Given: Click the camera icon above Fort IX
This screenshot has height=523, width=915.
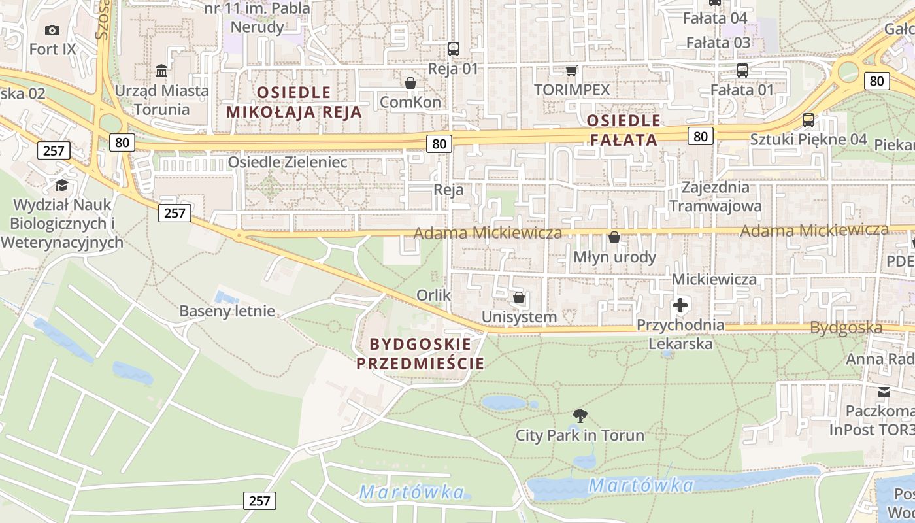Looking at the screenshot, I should point(52,30).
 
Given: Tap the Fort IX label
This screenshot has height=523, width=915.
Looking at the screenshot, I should point(52,49).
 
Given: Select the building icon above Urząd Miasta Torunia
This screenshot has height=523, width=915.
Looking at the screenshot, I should point(161,71).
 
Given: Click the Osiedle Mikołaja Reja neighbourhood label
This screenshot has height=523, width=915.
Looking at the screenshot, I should point(294,101).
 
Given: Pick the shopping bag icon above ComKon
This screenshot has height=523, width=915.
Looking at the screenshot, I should point(410,83).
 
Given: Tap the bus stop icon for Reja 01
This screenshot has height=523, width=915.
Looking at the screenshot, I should point(454,48).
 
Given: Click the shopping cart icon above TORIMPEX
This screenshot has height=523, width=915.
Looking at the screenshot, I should point(572,71).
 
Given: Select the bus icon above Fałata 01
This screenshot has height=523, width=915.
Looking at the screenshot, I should point(742,71).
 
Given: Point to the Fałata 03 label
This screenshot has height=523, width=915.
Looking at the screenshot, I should point(718,43).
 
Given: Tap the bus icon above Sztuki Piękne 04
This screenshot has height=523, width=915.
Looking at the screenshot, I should point(808,120).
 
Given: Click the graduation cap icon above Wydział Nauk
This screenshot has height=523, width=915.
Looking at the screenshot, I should point(61,186).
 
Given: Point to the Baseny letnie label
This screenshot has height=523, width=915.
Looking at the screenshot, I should point(227,311).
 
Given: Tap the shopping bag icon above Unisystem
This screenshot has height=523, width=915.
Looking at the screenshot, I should point(520,298).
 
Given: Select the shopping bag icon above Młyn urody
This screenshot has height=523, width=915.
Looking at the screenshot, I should point(614,237).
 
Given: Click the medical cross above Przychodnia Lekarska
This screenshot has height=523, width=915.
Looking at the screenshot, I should point(680,305).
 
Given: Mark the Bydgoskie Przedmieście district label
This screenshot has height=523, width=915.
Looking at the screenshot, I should point(420,354).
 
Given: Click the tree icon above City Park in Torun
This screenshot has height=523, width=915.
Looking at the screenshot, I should point(580,415).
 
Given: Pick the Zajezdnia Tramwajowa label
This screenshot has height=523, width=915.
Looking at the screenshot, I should point(715,197).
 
